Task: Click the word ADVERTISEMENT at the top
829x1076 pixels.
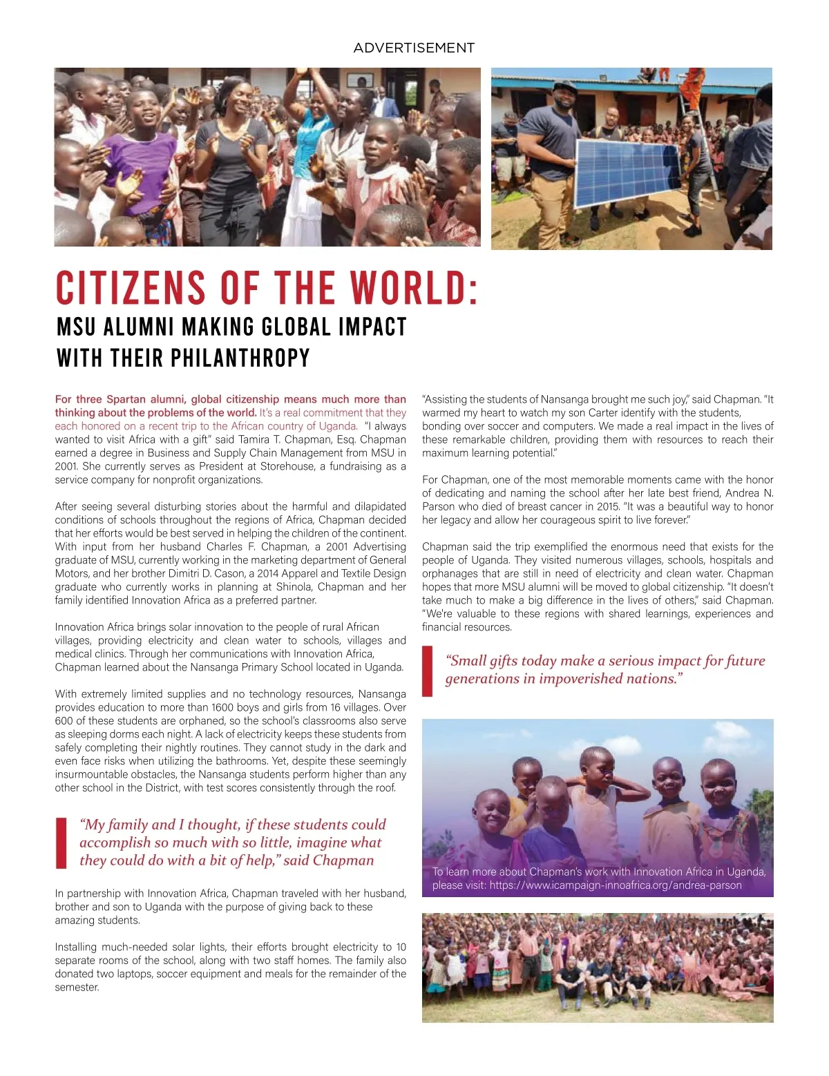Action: (414, 48)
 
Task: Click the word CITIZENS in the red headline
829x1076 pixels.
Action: (131, 289)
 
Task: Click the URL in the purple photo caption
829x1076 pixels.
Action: (615, 885)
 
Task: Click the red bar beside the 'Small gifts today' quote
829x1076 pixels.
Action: (428, 670)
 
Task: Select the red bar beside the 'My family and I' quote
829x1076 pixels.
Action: (61, 843)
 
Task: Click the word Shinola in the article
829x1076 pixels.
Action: (293, 587)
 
